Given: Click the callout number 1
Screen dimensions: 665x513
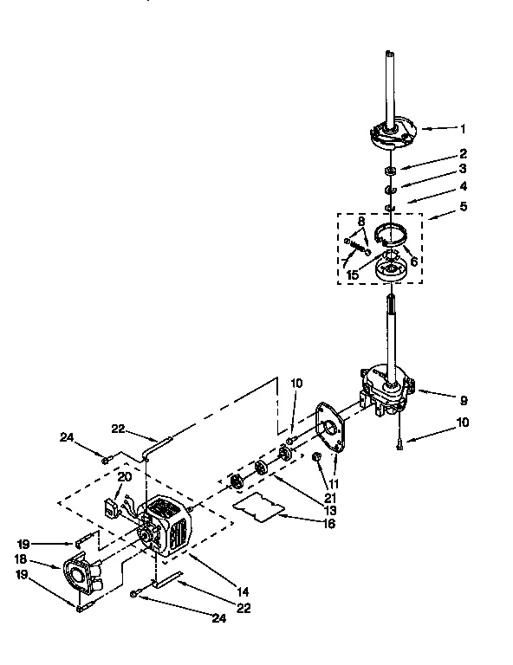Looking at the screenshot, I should point(463,129).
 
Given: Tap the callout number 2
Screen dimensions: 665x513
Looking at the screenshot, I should point(463,153).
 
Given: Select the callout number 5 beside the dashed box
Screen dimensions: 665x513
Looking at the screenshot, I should point(463,207).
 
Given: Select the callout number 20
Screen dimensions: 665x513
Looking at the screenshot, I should point(125,477).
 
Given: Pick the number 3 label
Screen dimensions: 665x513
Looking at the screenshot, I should point(463,168).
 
